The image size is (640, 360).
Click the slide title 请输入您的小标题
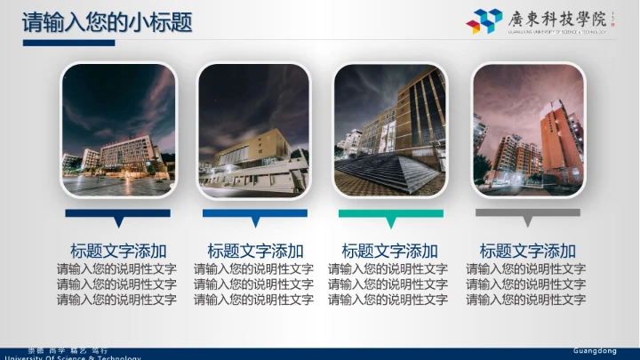[x=107, y=21]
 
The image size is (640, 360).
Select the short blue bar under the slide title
[x=68, y=43]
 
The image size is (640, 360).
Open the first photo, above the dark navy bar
[x=118, y=130]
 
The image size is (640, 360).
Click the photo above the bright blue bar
[x=254, y=130]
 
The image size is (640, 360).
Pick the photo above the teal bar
[x=390, y=130]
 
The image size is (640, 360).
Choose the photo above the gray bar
[x=528, y=130]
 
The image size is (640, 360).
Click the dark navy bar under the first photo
[x=118, y=213]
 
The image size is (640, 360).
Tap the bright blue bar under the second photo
[x=255, y=213]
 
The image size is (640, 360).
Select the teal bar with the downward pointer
[x=390, y=213]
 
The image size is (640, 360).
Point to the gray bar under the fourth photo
[x=528, y=213]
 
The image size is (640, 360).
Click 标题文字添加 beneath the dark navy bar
[x=118, y=251]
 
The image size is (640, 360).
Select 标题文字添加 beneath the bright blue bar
[x=255, y=251]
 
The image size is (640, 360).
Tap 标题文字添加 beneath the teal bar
[x=390, y=251]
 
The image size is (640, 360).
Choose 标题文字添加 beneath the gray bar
[x=528, y=251]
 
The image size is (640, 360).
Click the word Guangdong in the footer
[x=595, y=351]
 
